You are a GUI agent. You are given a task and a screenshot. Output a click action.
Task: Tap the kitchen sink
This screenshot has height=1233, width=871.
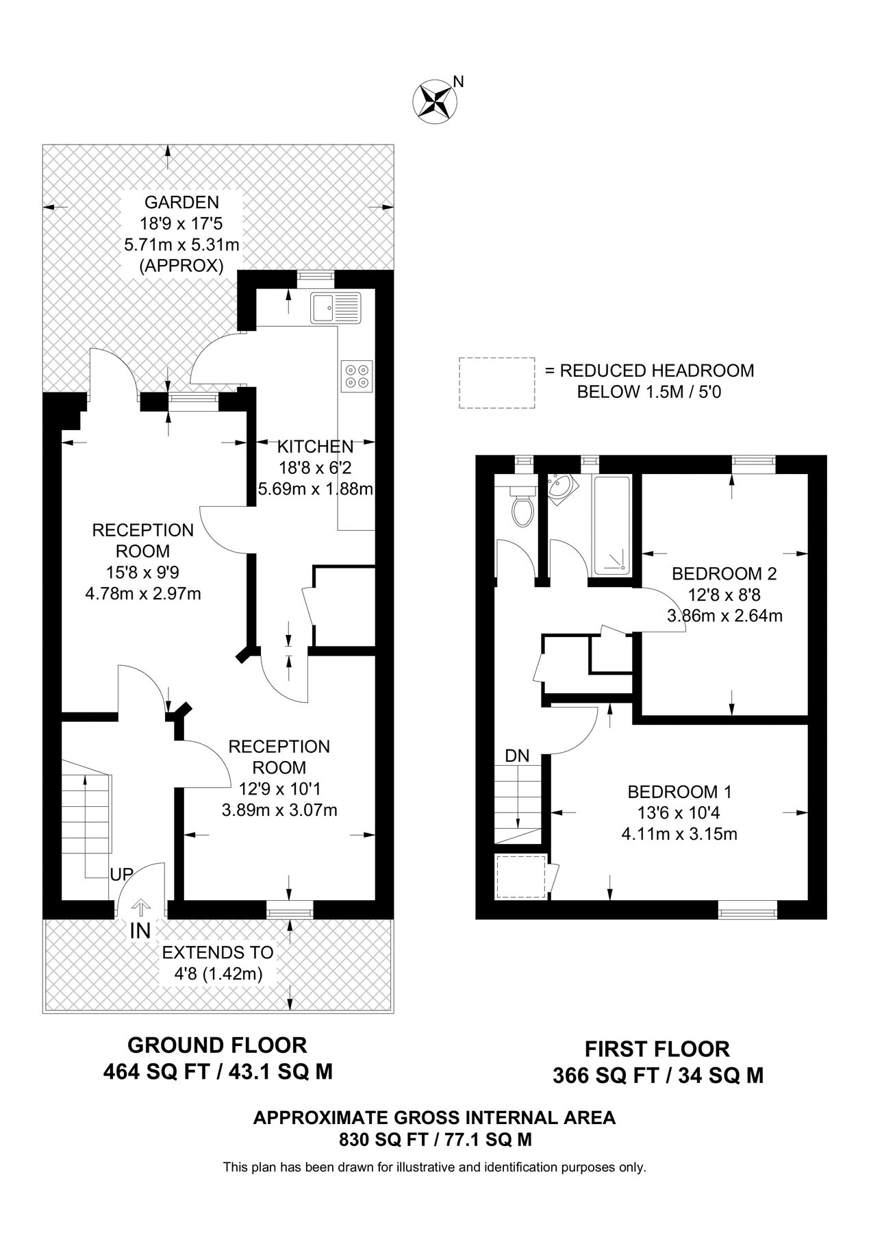pos(335,308)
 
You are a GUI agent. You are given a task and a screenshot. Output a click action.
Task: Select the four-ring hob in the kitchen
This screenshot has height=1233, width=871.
pos(357,375)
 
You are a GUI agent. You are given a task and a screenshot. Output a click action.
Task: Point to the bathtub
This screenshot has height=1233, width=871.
pos(612,525)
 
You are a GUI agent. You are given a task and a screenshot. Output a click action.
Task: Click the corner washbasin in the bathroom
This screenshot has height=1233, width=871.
pos(561,488)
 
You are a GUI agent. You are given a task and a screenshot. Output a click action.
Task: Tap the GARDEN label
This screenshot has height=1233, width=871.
pos(181,202)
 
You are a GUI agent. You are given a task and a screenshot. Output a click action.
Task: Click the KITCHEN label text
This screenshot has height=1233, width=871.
pos(315,447)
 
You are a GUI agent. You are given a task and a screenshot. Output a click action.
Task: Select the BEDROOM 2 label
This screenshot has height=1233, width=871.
pos(724,573)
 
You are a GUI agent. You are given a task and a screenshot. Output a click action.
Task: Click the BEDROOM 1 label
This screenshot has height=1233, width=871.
pos(679,792)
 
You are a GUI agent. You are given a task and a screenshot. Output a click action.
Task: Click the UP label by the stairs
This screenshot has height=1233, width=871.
pos(121,875)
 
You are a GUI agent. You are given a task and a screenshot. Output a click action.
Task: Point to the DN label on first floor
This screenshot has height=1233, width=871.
pos(517,756)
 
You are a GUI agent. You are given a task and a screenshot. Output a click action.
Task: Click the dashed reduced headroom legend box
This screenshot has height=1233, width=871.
pos(496,383)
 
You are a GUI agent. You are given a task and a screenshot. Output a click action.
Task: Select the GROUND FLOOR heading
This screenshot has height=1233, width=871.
pos(217,1045)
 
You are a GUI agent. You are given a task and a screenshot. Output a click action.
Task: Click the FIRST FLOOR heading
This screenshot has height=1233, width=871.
pos(657,1049)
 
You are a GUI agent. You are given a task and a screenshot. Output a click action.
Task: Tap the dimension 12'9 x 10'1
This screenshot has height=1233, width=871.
pos(279,788)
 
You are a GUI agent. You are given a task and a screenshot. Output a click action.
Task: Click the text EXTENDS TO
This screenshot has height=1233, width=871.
pos(217,952)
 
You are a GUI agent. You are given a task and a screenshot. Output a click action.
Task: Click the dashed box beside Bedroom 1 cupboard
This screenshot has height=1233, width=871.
pos(520,876)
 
